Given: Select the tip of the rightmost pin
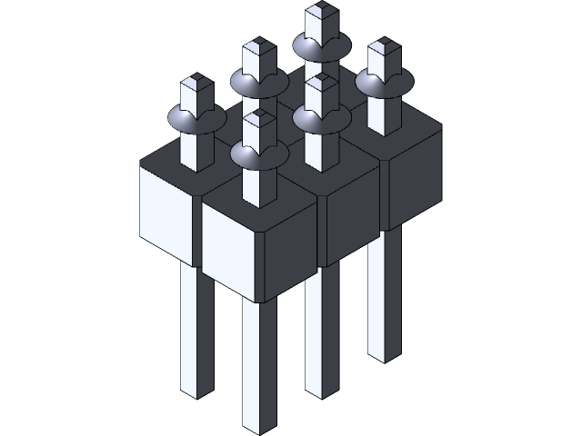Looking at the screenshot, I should tap(381, 46).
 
